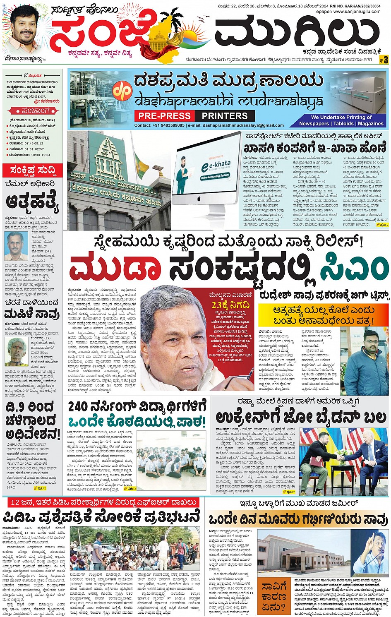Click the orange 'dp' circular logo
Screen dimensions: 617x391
pos(123,91)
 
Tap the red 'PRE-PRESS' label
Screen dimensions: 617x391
pos(164,116)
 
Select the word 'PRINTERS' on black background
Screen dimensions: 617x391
pos(225,116)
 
